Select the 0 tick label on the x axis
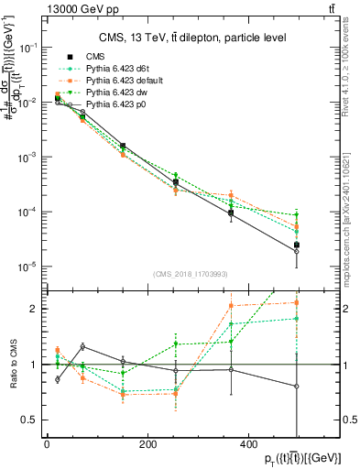47,443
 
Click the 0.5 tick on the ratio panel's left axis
34,420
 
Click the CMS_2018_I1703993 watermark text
190,273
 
